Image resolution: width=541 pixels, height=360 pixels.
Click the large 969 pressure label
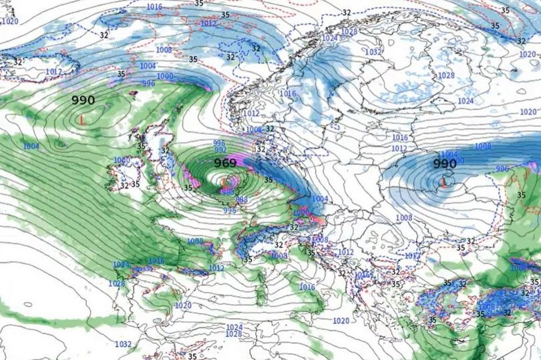tap(226, 163)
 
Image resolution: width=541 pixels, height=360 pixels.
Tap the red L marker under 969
tap(224, 180)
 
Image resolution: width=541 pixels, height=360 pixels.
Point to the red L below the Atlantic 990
tap(81, 120)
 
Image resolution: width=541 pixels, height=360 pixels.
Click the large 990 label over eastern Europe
tap(444, 164)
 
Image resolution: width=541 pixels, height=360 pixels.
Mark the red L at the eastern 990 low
tap(444, 180)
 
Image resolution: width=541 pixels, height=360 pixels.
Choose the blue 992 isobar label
tap(220, 150)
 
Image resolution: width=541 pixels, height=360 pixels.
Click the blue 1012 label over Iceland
tap(53, 71)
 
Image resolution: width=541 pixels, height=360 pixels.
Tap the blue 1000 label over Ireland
tap(122, 160)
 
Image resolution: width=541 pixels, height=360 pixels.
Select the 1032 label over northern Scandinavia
tap(373, 51)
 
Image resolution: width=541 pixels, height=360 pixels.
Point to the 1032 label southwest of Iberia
tap(123, 345)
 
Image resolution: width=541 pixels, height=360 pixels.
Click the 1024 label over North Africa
tap(234, 327)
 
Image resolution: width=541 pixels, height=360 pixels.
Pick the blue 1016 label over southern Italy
tap(307, 287)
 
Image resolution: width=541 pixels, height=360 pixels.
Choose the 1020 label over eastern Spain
tap(182, 305)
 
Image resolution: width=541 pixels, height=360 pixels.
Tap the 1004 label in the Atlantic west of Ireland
tap(31, 146)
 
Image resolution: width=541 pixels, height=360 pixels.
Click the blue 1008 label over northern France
tap(195, 241)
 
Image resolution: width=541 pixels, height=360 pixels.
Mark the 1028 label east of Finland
tap(445, 75)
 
